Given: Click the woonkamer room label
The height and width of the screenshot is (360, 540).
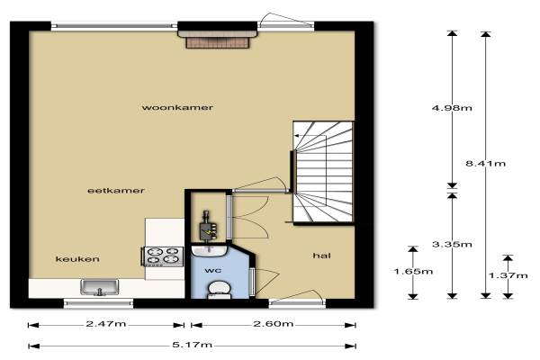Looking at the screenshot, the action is point(177,107).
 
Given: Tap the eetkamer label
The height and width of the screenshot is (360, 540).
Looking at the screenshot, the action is point(116,191).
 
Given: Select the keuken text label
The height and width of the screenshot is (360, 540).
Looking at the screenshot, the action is point(77,259).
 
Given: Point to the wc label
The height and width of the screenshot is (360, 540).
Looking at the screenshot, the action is point(213,271).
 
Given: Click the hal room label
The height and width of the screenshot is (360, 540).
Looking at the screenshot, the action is point(321,256).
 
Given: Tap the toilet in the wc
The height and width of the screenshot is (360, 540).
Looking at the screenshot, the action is point(220,290).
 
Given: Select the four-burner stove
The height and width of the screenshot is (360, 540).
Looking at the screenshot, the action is point(162,256).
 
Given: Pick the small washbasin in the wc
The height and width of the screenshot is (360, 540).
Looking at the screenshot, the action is point(209,250).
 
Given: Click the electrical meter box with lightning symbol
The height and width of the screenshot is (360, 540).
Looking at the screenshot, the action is point(208,230).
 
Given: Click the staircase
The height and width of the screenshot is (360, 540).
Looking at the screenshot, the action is point(323,172).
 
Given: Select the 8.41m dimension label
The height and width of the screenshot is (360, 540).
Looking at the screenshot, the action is point(486,164).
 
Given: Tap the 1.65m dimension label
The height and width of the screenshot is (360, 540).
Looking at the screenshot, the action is point(413,272).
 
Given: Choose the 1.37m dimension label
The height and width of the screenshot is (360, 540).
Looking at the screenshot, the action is point(508,275).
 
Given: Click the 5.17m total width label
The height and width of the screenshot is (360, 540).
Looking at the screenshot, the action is point(192,345).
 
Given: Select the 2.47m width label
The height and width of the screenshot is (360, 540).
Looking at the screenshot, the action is point(105,324).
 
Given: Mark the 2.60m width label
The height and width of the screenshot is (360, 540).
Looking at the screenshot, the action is point(273,324).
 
